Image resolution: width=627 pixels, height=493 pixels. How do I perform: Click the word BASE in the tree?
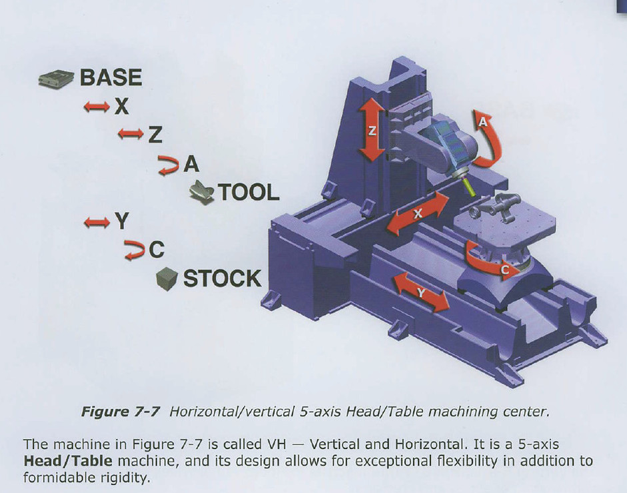pyautogui.click(x=111, y=77)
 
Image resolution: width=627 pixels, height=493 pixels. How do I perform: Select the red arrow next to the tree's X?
pyautogui.click(x=97, y=107)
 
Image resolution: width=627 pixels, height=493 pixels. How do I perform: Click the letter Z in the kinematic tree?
pyautogui.click(x=155, y=135)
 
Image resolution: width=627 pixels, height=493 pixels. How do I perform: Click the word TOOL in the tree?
pyautogui.click(x=249, y=193)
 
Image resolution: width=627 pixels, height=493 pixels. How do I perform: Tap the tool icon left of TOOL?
pyautogui.click(x=202, y=193)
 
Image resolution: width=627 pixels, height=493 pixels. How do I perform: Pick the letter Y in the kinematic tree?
pyautogui.click(x=122, y=221)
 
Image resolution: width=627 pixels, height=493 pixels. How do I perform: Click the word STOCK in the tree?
pyautogui.click(x=223, y=278)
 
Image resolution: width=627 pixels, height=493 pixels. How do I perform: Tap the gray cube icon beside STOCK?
pyautogui.click(x=167, y=278)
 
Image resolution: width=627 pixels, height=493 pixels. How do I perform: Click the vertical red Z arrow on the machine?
pyautogui.click(x=372, y=131)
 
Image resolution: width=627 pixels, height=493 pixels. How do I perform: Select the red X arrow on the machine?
pyautogui.click(x=418, y=213)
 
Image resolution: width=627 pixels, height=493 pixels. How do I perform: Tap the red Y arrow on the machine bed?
pyautogui.click(x=420, y=292)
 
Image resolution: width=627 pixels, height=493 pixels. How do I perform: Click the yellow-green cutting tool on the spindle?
pyautogui.click(x=468, y=187)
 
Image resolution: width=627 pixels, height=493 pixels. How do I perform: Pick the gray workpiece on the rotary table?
pyautogui.click(x=493, y=206)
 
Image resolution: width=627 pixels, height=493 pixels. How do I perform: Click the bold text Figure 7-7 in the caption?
pyautogui.click(x=121, y=412)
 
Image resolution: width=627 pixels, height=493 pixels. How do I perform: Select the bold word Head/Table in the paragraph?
pyautogui.click(x=68, y=460)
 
